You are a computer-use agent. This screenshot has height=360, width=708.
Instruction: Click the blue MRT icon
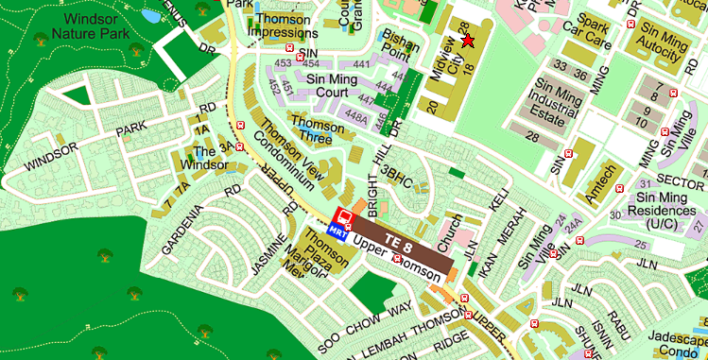(x=336, y=230)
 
